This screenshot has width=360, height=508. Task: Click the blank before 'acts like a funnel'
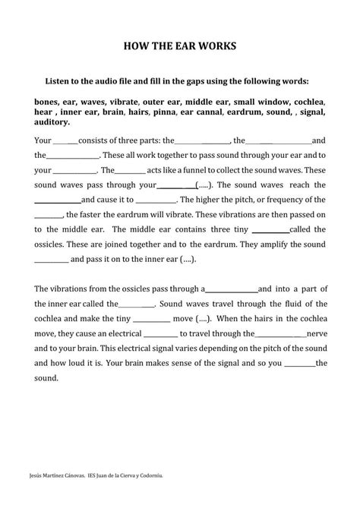click(x=130, y=171)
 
